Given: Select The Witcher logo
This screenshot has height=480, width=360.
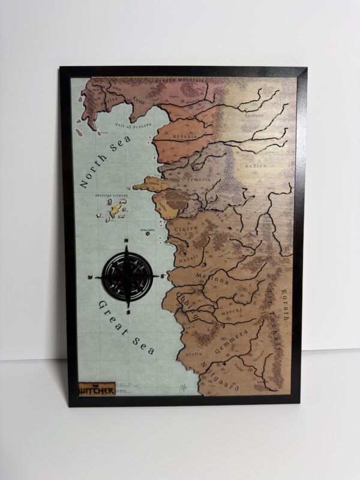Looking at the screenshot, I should pos(96,389).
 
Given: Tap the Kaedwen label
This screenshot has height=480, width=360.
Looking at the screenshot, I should pos(255,116).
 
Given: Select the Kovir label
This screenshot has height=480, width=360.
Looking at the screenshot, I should pos(139,100).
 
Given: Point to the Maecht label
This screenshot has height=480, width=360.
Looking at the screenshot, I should pos(228,311).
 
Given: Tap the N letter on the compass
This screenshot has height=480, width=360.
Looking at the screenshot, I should pos(127,242).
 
